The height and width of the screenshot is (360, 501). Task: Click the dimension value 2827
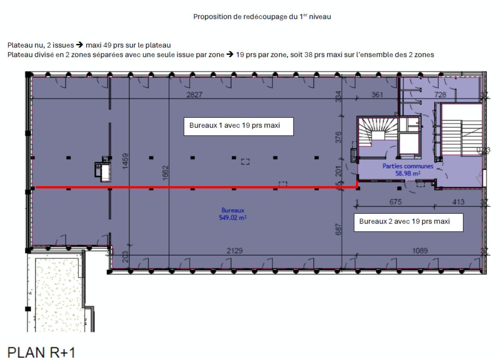pyautogui.click(x=195, y=95)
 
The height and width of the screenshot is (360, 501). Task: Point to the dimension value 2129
pyautogui.click(x=235, y=251)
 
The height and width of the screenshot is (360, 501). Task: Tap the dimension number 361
pyautogui.click(x=377, y=95)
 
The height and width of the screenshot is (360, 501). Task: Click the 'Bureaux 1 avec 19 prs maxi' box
pyautogui.click(x=238, y=126)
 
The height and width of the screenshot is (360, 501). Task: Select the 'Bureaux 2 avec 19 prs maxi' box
pyautogui.click(x=408, y=222)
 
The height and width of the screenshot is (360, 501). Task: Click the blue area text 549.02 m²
pyautogui.click(x=232, y=217)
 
